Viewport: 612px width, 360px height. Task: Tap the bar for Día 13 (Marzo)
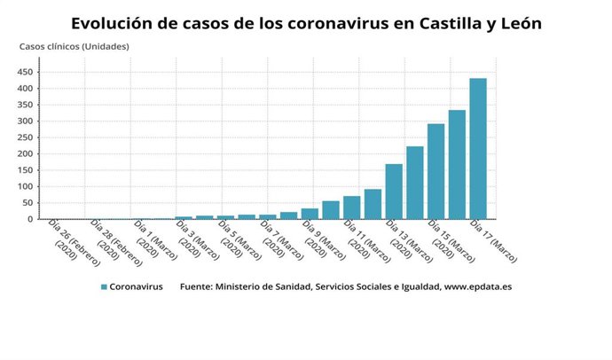(394, 192)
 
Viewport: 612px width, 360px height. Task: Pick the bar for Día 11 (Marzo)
(351, 207)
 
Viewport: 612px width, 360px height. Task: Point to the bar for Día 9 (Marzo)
(310, 214)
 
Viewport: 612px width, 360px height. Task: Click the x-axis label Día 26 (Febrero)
(69, 239)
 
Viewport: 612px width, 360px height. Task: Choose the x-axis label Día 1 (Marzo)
(153, 239)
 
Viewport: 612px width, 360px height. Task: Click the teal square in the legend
(103, 287)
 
